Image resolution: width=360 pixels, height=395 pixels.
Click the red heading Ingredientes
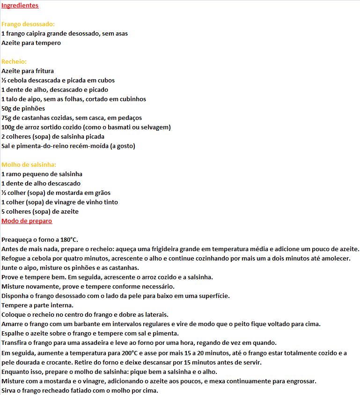point(20,6)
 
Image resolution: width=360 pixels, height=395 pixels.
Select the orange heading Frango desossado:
point(28,24)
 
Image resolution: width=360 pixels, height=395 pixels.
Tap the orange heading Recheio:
point(14,62)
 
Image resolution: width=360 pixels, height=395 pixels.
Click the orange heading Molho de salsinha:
point(29,165)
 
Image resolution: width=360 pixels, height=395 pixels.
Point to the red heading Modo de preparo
point(27,221)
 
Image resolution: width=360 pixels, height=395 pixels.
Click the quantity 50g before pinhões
point(7,109)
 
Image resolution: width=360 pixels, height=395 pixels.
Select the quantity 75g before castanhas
point(7,118)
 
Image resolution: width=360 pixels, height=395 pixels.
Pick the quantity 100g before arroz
point(9,127)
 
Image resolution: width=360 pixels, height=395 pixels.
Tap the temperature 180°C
point(68,240)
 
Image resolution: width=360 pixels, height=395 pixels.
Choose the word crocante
point(53,362)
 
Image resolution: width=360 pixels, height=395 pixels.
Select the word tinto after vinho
point(110,202)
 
